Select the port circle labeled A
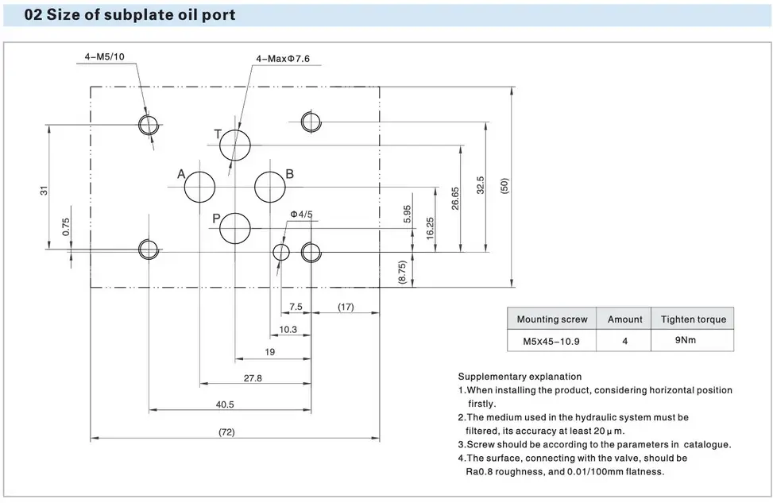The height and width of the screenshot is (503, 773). tap(199, 187)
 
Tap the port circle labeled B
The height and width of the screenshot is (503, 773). tap(270, 187)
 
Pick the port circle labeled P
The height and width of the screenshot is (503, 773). tap(235, 228)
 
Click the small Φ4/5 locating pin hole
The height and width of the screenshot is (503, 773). tap(281, 252)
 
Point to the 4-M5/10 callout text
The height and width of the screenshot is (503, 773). tap(105, 56)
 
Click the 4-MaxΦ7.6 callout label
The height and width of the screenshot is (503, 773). tap(283, 59)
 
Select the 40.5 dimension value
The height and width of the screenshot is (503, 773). tap(225, 404)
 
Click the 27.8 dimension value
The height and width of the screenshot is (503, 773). tap(253, 378)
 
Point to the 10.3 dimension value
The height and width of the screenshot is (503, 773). tap(288, 330)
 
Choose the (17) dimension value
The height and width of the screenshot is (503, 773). tap(345, 307)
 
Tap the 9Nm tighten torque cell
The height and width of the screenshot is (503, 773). tap(685, 340)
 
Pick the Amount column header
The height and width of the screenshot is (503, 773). tap(624, 319)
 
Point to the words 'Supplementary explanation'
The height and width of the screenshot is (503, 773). tap(520, 377)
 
